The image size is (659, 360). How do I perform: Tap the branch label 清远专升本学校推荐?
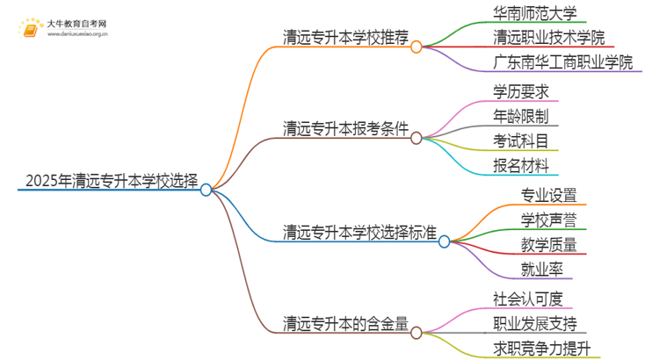pos(346,37)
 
